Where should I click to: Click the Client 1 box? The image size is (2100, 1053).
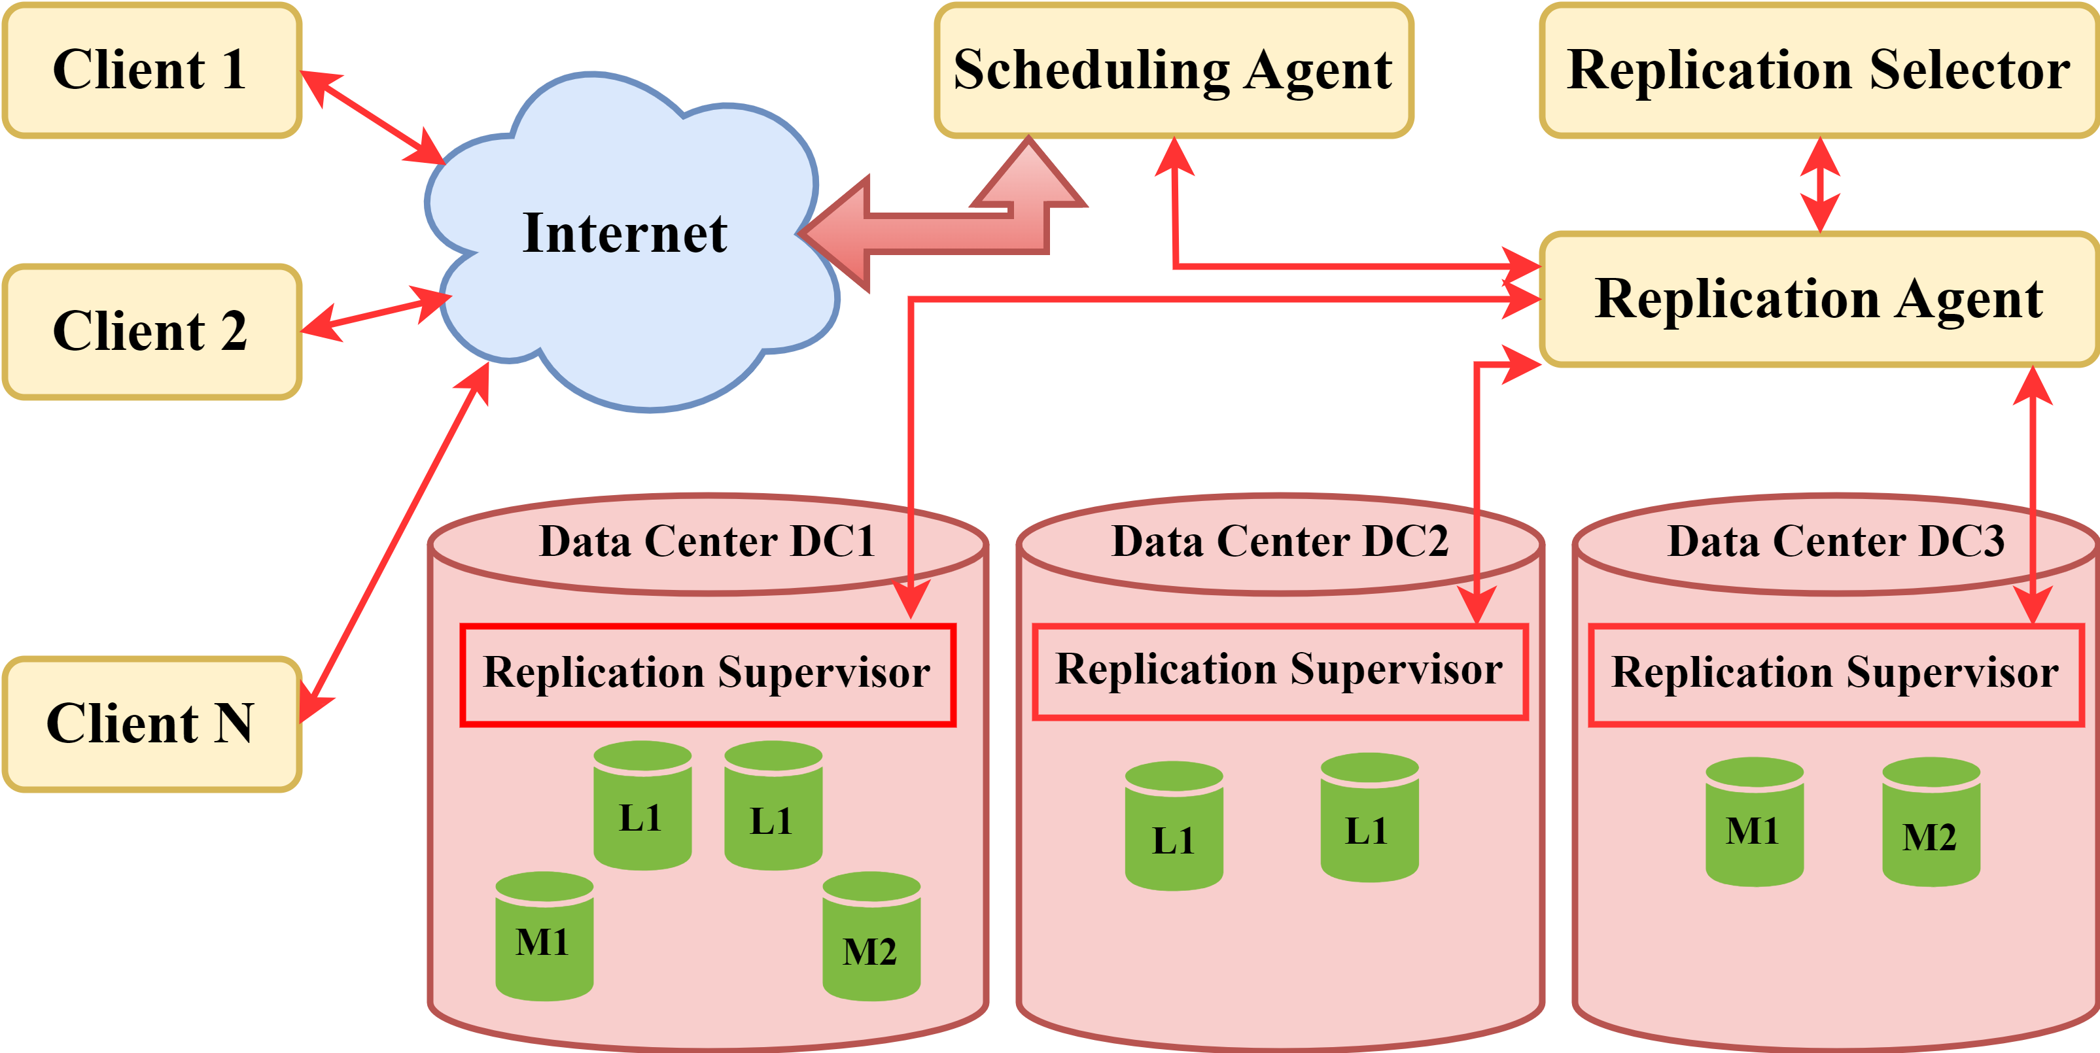point(152,70)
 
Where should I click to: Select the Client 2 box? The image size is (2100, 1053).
point(152,332)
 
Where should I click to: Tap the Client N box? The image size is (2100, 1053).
point(152,724)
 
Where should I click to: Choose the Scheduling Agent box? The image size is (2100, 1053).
point(1173,70)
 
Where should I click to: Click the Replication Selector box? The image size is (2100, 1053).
point(1818,70)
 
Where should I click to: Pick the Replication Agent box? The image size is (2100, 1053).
point(1818,299)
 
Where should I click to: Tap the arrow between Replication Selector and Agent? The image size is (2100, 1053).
point(1819,185)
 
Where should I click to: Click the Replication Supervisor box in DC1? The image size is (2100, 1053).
point(707,675)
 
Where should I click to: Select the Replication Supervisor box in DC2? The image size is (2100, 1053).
point(1279,672)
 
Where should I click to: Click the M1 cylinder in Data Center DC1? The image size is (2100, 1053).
point(544,937)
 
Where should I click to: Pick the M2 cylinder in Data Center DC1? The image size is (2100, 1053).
point(871,937)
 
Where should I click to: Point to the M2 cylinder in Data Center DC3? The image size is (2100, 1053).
point(1931,823)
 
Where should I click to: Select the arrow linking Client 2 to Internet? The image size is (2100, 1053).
point(375,315)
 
